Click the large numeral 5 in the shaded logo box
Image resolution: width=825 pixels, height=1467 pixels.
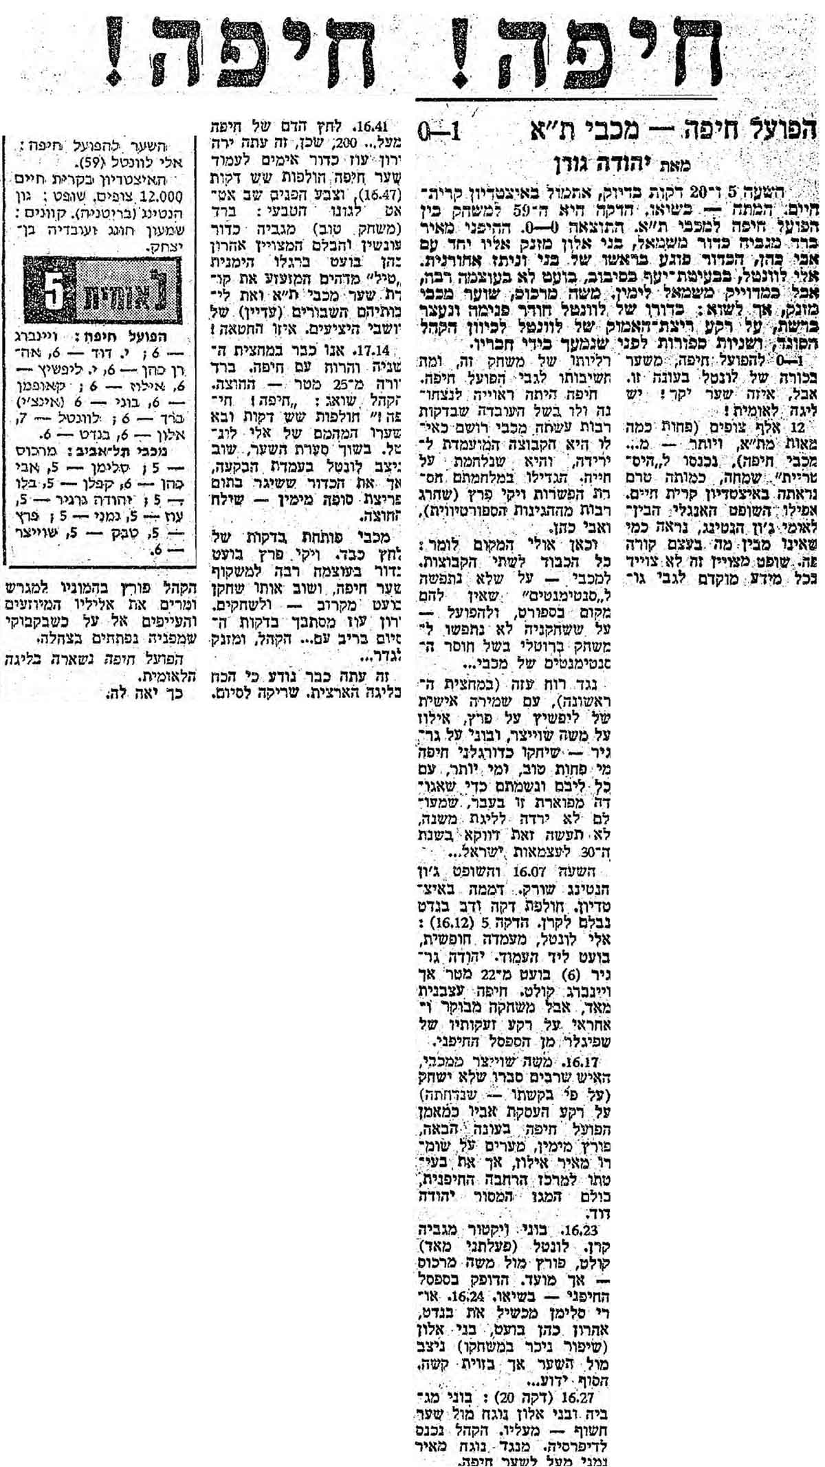tap(54, 293)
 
